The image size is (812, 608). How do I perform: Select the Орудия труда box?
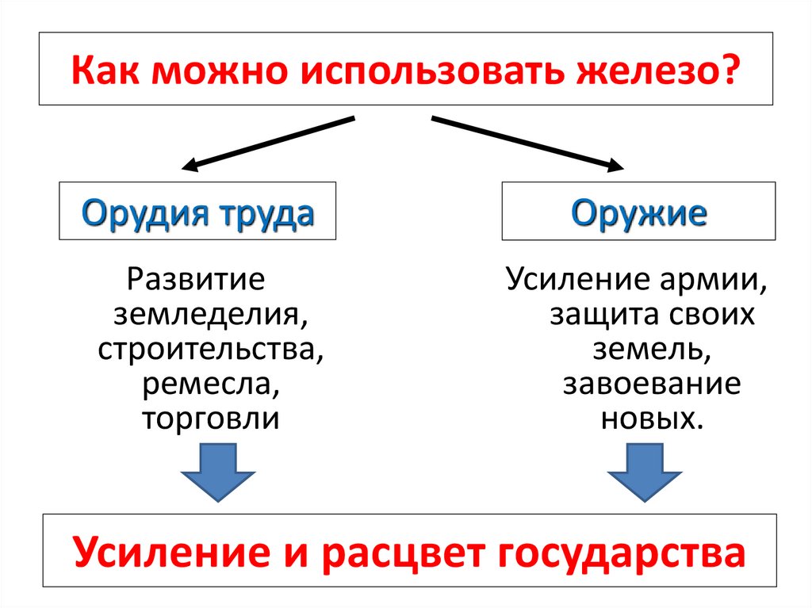click(x=197, y=211)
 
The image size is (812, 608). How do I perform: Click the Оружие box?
click(x=638, y=211)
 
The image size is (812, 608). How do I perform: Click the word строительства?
click(x=210, y=350)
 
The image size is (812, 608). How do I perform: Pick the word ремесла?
click(x=211, y=384)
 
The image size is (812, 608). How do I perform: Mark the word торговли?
click(x=210, y=419)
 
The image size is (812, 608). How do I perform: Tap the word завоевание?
click(x=652, y=384)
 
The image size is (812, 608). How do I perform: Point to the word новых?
click(x=651, y=419)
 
